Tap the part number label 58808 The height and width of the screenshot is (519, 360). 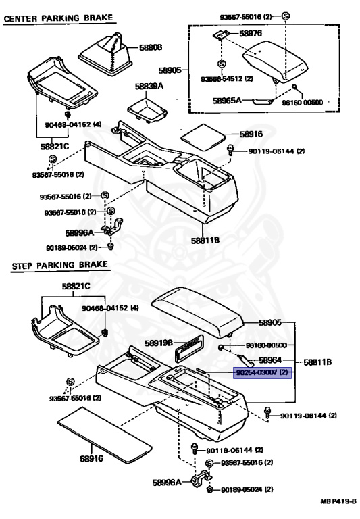click(x=151, y=48)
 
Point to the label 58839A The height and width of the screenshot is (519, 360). click(x=149, y=86)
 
